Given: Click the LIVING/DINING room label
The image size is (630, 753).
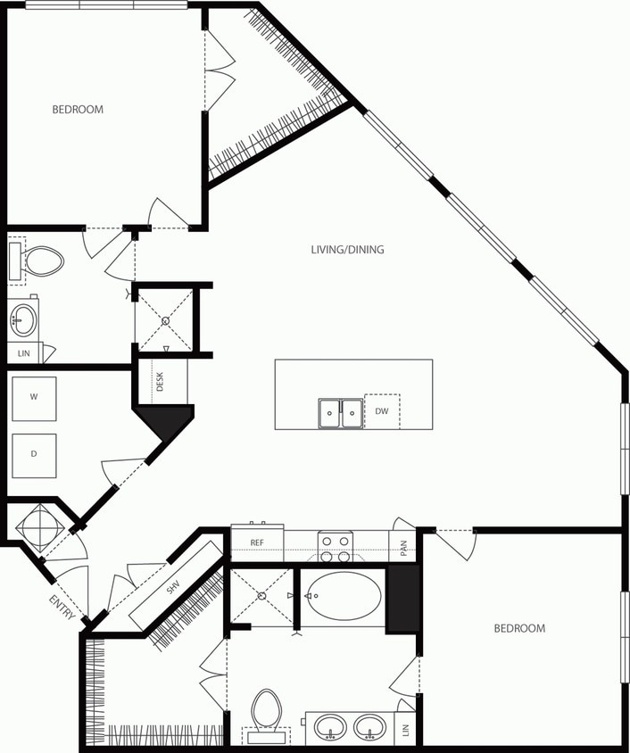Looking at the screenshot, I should (x=347, y=250).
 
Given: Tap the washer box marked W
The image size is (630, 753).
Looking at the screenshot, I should (x=34, y=398).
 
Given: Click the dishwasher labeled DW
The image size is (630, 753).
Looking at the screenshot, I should (x=381, y=411).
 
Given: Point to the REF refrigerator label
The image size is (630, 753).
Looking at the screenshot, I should (x=257, y=542).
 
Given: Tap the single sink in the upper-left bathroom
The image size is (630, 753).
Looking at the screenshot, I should (x=24, y=319).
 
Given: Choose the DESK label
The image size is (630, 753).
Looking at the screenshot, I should (x=161, y=382).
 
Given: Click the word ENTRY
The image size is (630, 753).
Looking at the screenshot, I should (x=60, y=608).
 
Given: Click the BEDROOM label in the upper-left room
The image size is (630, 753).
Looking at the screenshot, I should (x=78, y=110).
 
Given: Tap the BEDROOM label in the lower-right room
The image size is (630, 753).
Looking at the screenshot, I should (x=519, y=629).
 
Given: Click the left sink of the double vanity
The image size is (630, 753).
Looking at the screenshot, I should (x=331, y=727).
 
